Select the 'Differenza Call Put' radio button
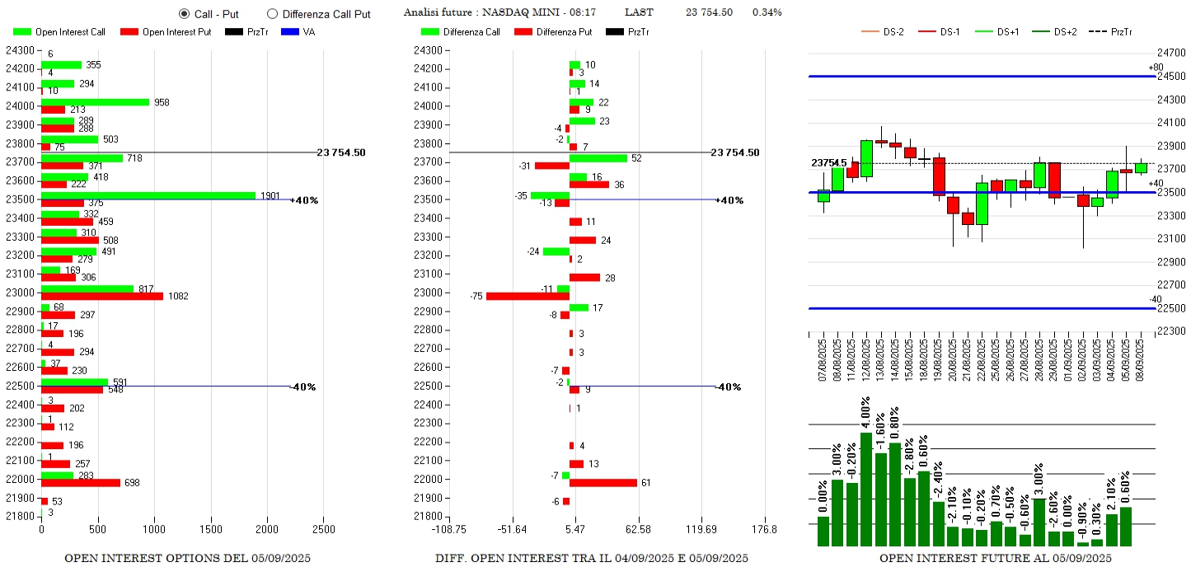pos(273,14)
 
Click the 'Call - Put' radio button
pos(184,14)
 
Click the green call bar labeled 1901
pos(148,195)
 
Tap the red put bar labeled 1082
pos(102,296)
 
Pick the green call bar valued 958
pos(96,102)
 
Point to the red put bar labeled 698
pos(81,482)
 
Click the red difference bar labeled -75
pos(528,296)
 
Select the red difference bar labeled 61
pos(603,482)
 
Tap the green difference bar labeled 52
pos(598,158)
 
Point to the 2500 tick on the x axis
pos(324,528)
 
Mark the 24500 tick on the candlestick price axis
pos(1170,77)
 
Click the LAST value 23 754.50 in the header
pos(709,12)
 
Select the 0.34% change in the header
pos(767,12)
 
